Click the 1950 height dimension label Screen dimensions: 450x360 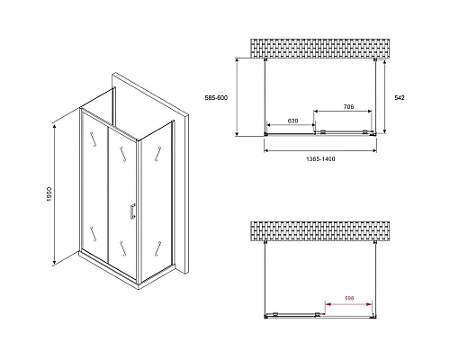49,194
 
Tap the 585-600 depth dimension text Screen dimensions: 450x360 216,98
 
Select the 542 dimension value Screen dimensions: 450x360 400,98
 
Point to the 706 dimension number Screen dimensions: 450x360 348,106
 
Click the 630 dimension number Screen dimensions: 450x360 292,121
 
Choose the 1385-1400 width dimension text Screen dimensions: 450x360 320,159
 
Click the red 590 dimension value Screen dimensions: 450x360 349,298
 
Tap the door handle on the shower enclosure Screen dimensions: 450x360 132,211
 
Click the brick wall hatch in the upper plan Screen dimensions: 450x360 320,49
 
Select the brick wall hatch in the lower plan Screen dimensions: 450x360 320,231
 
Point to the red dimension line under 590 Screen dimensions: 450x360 349,304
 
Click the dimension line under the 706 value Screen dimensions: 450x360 343,112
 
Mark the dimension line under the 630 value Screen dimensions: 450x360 291,125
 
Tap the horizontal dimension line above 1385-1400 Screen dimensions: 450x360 320,150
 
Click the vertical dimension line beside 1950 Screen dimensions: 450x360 54,195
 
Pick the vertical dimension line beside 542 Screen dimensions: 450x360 384,96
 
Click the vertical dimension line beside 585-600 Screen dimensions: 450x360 237,97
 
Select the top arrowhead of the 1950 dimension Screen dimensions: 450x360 54,127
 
